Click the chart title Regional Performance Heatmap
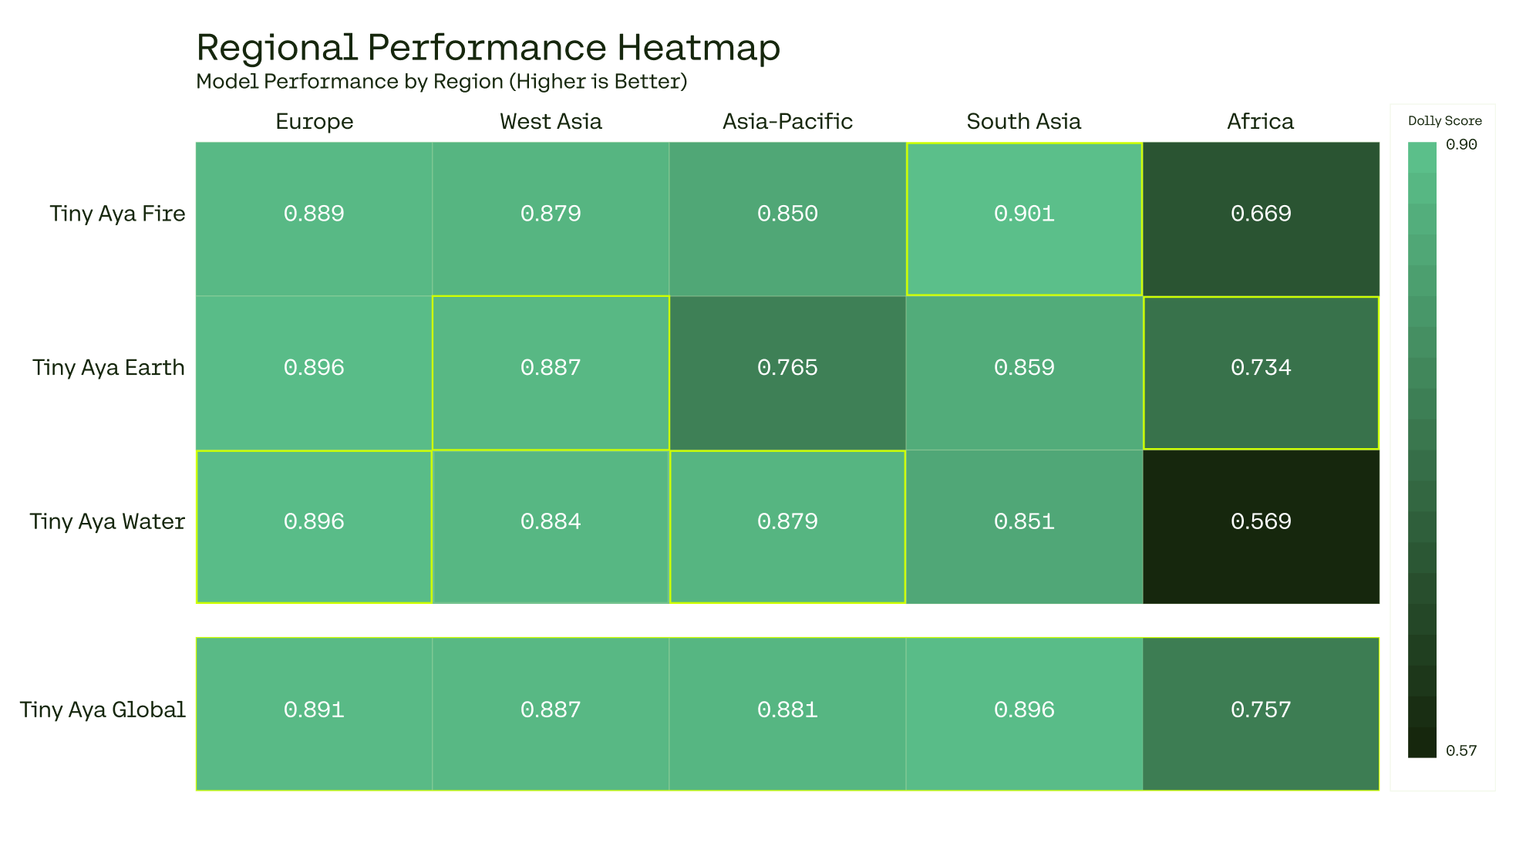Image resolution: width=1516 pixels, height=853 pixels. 488,48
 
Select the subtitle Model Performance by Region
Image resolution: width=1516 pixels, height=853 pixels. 441,81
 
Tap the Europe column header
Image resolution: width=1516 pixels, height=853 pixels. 314,121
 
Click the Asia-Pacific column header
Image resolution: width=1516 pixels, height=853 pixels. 787,121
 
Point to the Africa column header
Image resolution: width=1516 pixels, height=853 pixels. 1260,121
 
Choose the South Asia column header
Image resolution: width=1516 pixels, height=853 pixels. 1023,121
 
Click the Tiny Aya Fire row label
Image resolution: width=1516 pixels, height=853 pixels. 117,214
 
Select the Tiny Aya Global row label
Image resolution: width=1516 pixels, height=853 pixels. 103,710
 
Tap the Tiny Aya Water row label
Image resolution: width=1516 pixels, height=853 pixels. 107,522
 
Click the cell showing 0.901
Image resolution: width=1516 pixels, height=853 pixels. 1024,214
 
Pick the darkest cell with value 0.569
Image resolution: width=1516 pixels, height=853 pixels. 1261,522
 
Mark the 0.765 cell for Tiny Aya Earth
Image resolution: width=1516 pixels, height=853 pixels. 787,368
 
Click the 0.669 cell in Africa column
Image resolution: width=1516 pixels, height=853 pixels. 1261,214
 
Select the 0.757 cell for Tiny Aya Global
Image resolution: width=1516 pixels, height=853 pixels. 1261,710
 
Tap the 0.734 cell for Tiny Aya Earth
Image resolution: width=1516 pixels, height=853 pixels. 1261,368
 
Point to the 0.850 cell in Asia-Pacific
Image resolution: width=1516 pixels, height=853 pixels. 787,214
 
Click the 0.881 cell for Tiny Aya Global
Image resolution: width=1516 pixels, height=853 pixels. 787,710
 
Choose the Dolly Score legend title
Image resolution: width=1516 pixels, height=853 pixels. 1444,121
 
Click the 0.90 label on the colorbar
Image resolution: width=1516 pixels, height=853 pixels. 1461,145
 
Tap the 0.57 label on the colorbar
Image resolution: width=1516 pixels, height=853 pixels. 1461,751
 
